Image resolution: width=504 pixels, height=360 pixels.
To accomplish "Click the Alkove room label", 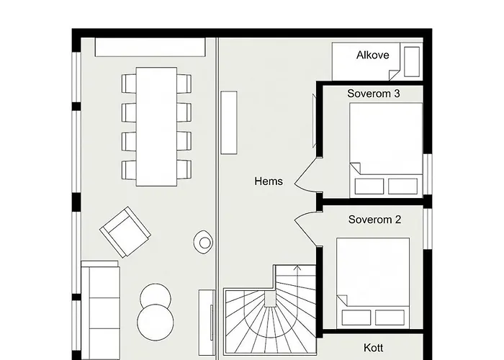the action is [372, 55].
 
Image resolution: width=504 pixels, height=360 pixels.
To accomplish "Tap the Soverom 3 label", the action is [374, 94].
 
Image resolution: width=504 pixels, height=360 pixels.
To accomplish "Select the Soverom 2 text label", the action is [374, 220].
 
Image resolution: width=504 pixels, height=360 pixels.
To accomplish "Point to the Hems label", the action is [269, 181].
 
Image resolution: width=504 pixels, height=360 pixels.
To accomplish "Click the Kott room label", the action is [373, 348].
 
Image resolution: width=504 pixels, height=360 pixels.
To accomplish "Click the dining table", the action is [156, 127].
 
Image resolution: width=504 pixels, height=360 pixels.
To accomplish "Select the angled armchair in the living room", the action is [125, 232].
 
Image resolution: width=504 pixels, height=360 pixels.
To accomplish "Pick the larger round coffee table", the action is [156, 323].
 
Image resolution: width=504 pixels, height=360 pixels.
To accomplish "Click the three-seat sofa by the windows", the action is [101, 310].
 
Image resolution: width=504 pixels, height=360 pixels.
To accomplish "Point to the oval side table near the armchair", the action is [203, 242].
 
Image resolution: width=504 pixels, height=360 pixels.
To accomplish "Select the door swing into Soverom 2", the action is [305, 229].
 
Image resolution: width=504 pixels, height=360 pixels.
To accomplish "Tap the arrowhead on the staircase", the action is [297, 267].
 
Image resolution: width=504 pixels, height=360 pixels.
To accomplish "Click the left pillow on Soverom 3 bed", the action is [369, 186].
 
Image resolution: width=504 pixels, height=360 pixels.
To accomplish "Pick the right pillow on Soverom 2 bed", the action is [390, 318].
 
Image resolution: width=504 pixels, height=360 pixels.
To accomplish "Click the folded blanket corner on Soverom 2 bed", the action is [342, 300].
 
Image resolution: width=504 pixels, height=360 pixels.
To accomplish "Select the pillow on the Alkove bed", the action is [412, 62].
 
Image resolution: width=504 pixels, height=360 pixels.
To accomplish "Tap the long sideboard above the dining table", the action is [150, 48].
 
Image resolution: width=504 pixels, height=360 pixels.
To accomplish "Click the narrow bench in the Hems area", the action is [229, 123].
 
